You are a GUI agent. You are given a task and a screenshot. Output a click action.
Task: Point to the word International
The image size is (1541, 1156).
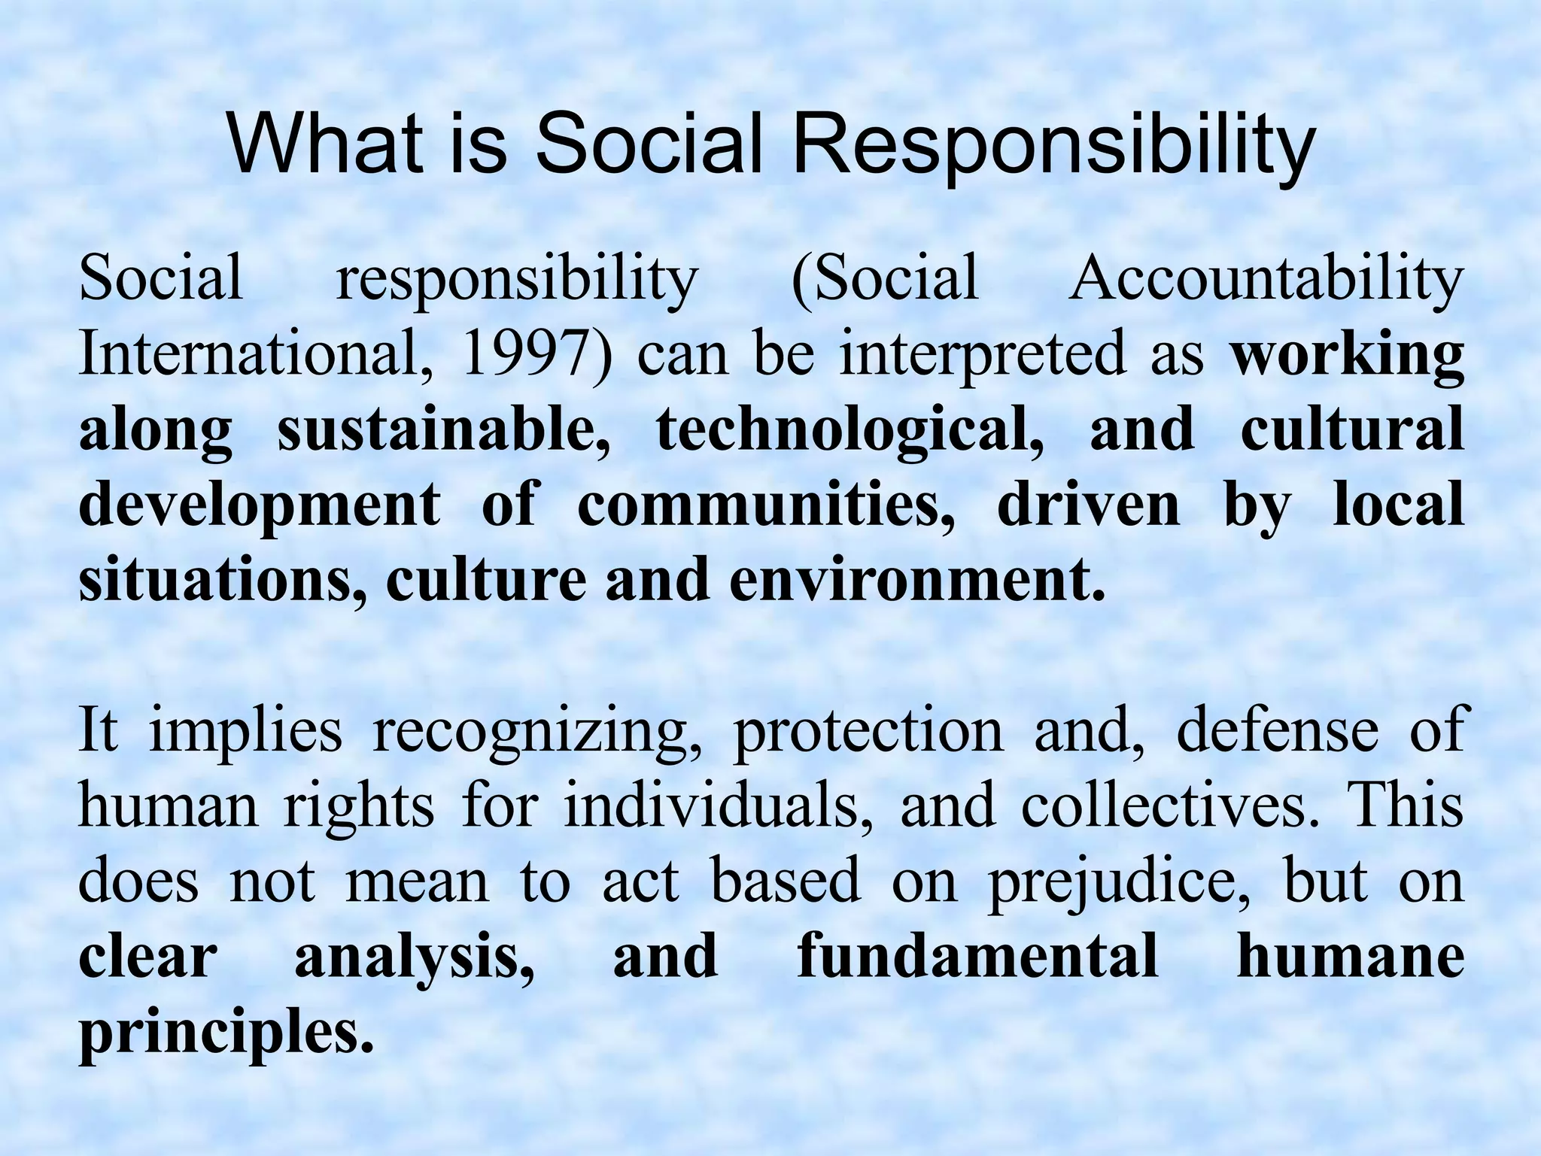pyautogui.click(x=248, y=353)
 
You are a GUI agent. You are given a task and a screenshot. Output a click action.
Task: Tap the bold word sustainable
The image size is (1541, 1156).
pyautogui.click(x=444, y=429)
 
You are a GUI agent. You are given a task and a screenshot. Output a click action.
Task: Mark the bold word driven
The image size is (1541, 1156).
pyautogui.click(x=1089, y=505)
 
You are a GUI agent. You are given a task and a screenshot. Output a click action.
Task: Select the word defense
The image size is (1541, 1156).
pyautogui.click(x=1277, y=731)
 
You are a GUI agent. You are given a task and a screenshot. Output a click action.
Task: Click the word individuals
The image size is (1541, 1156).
pyautogui.click(x=719, y=806)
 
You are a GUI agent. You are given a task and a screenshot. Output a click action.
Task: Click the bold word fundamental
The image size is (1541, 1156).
pyautogui.click(x=977, y=957)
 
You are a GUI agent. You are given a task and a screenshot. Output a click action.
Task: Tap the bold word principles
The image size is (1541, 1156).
pyautogui.click(x=226, y=1034)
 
